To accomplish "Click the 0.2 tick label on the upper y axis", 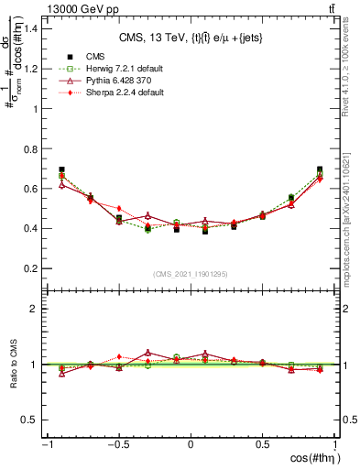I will pos(32,268).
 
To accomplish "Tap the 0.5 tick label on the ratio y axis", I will pos(32,420).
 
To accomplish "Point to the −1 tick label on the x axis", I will pos(46,444).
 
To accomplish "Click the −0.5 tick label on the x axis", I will pos(116,444).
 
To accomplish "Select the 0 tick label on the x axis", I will pos(191,444).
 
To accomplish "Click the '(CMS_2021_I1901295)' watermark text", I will pos(190,275).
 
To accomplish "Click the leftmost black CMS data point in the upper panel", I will pos(61,169).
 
